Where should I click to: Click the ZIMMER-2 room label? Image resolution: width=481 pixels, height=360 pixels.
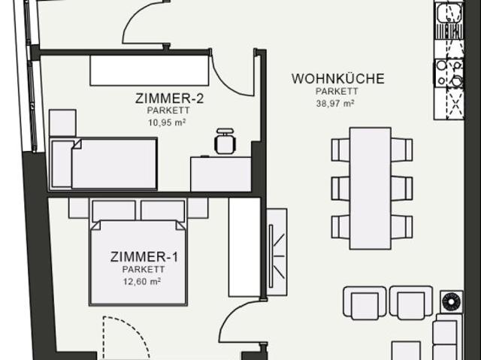point(170,98)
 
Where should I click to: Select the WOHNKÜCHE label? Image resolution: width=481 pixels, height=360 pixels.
point(337,78)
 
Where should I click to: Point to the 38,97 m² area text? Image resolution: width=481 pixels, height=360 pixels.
point(336,104)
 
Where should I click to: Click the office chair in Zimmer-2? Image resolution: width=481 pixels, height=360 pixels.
point(224,141)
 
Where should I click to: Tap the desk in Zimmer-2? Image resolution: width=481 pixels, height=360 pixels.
point(220,174)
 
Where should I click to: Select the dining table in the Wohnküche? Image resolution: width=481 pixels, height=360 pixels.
point(371,188)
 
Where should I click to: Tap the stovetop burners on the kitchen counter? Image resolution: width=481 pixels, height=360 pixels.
point(449,74)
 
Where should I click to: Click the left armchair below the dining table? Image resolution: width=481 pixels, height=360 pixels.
point(365,304)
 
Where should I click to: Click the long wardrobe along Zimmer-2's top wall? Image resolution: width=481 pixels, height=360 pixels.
point(149,70)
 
